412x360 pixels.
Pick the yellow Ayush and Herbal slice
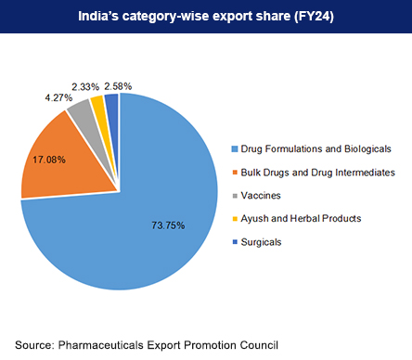coord(97,103)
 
